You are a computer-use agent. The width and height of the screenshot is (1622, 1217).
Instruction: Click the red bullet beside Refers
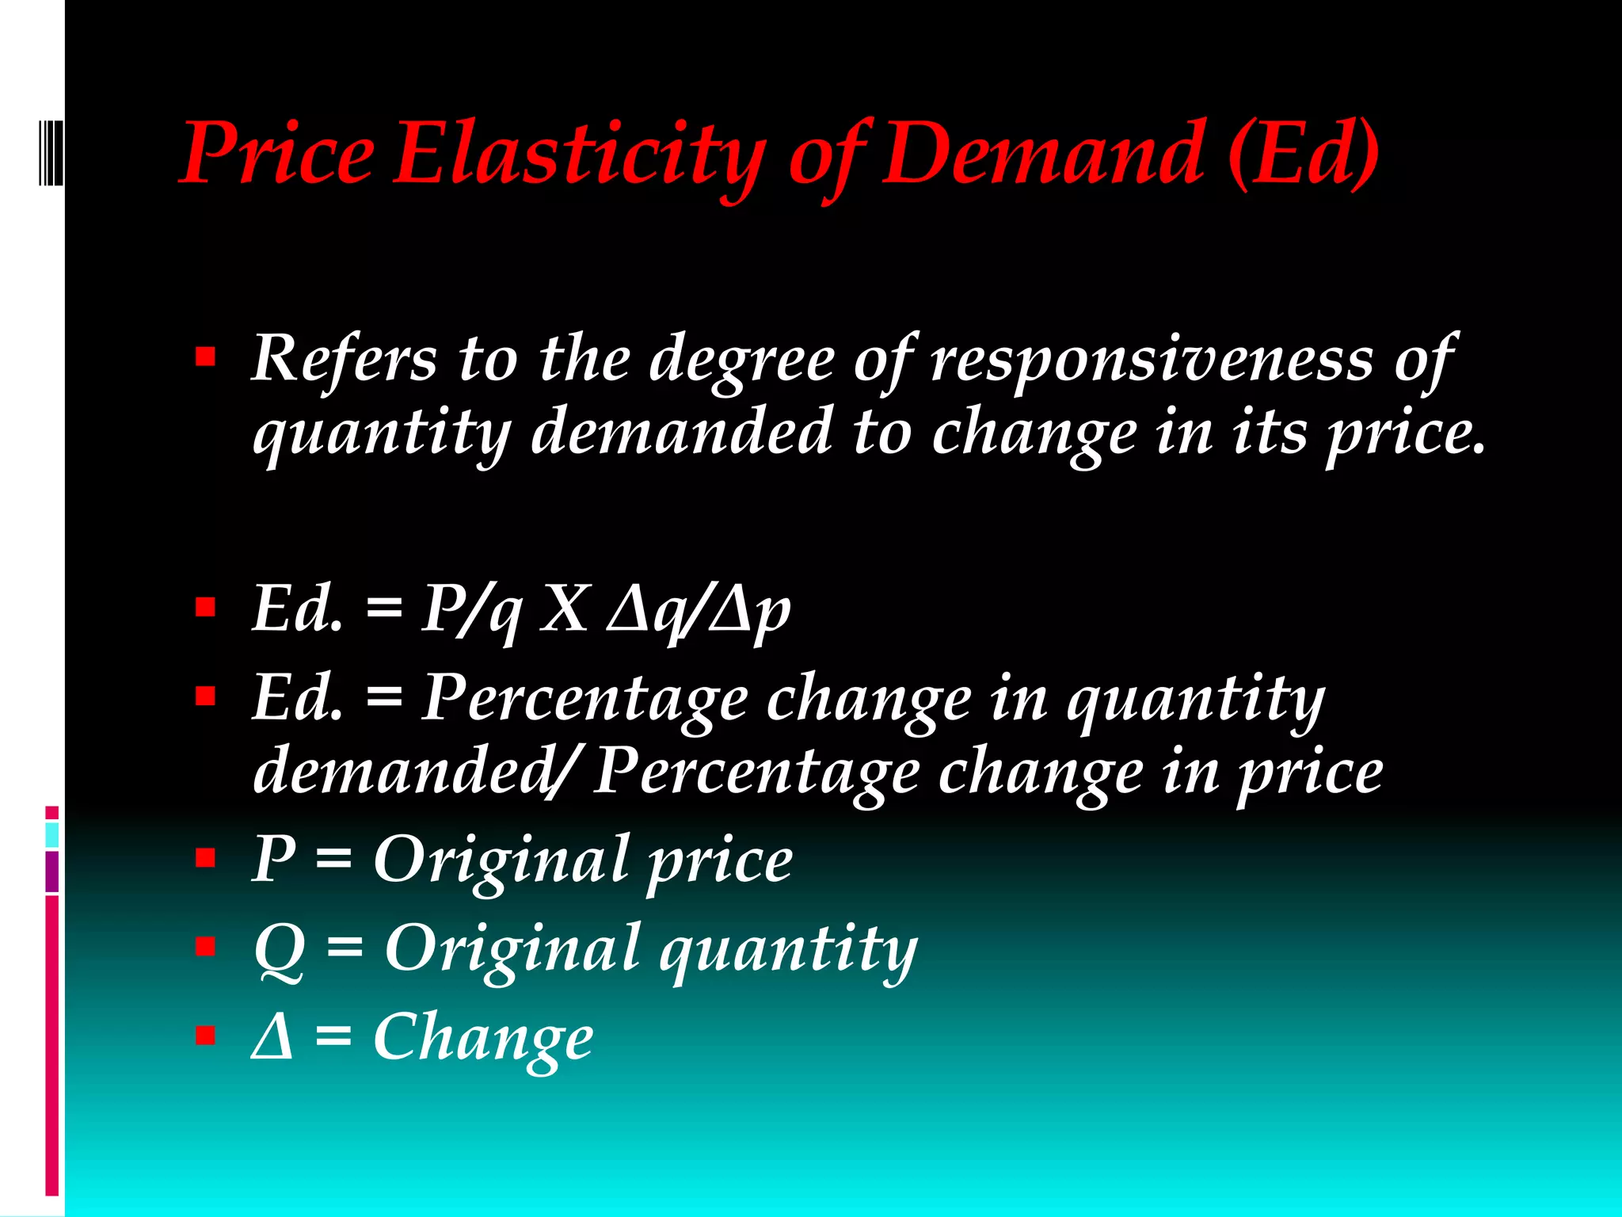205,357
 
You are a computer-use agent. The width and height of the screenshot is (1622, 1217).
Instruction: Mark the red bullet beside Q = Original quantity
205,946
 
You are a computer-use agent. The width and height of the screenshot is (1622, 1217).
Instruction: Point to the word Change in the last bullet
482,1038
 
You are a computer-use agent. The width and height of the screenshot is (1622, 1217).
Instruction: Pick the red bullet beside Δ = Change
205,1035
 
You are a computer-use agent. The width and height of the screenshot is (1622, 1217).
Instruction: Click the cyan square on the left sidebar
52,834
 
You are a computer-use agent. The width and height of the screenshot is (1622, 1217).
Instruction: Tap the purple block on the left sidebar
52,871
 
